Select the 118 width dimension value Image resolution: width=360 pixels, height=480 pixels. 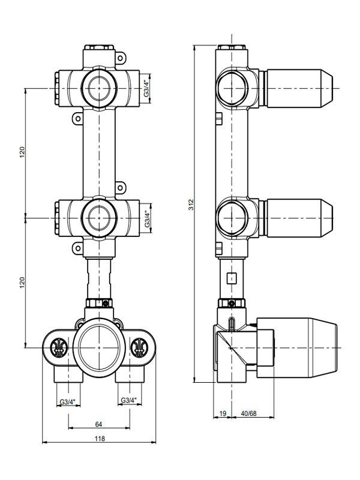[x=100, y=439]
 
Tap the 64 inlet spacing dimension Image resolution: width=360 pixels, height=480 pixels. [x=98, y=424]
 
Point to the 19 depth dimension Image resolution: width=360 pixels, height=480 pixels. [x=223, y=413]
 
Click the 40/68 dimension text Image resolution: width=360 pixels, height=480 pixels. [x=248, y=413]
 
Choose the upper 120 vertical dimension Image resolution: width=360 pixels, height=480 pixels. [x=22, y=152]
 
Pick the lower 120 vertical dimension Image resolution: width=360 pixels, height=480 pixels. [x=22, y=281]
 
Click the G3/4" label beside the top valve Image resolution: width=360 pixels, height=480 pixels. [x=147, y=88]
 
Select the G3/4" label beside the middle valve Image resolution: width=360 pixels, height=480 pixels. [x=147, y=218]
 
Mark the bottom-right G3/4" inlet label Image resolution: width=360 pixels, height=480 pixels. [x=128, y=400]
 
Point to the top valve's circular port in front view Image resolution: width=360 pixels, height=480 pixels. [x=98, y=88]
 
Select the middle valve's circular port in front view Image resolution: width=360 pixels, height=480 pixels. [x=98, y=218]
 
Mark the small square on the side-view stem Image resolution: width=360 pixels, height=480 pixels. [x=230, y=278]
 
